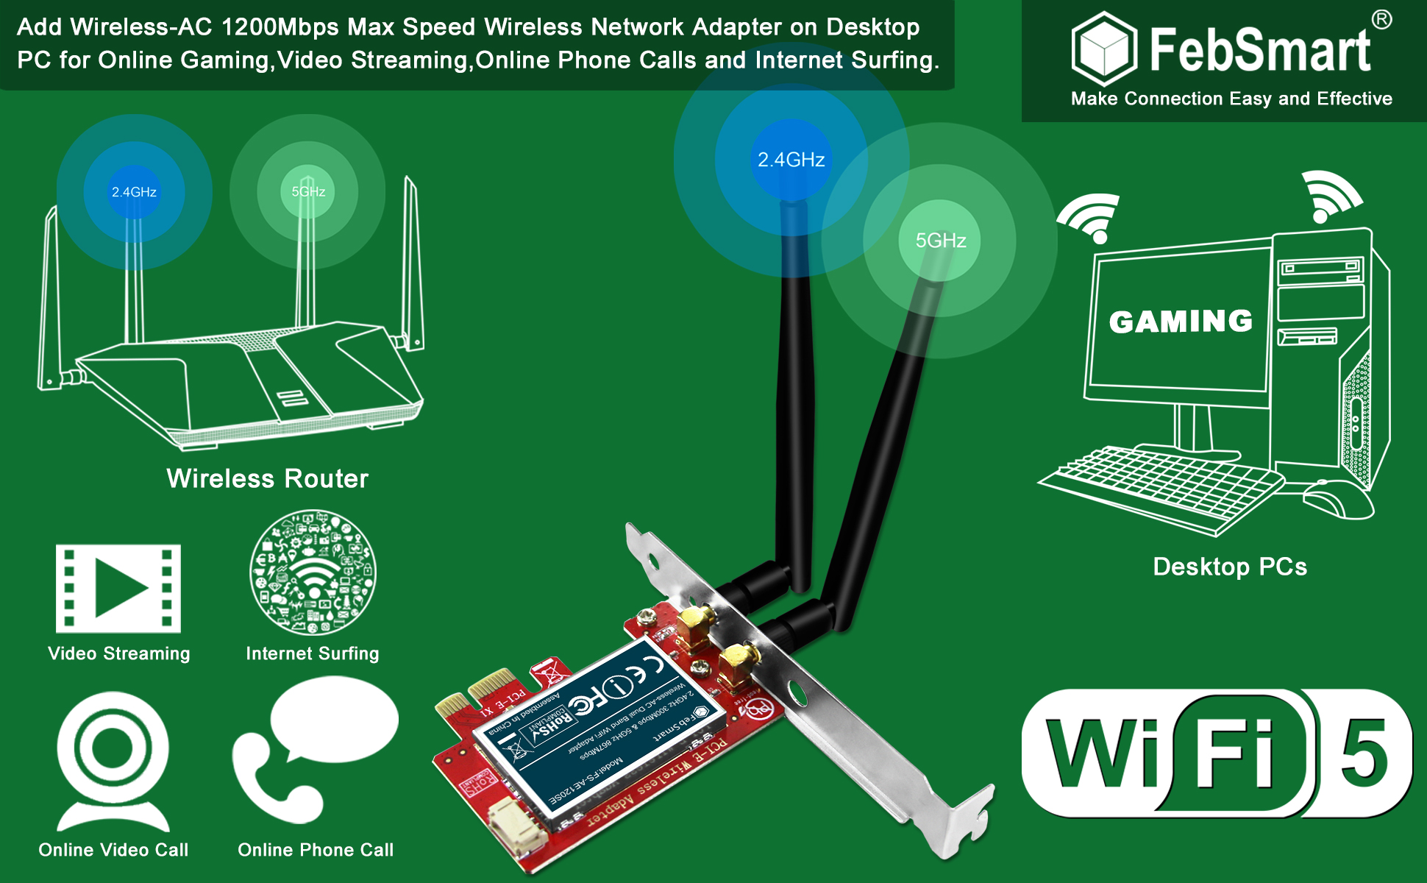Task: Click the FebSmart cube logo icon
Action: pos(1104,48)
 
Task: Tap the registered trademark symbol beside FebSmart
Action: pos(1381,20)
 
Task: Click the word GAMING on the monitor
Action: pos(1181,322)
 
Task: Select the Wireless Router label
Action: pos(267,479)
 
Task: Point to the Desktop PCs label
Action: pos(1230,567)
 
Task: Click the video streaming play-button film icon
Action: pos(118,589)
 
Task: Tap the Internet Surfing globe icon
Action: pos(313,572)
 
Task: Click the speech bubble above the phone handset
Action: pos(335,720)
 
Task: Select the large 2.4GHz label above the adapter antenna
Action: pos(791,160)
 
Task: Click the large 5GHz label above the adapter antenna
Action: pos(941,241)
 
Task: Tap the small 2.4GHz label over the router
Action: pos(134,192)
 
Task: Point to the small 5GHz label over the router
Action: pos(308,191)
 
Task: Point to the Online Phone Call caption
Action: pos(316,850)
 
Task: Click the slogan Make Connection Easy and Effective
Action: pos(1231,99)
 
